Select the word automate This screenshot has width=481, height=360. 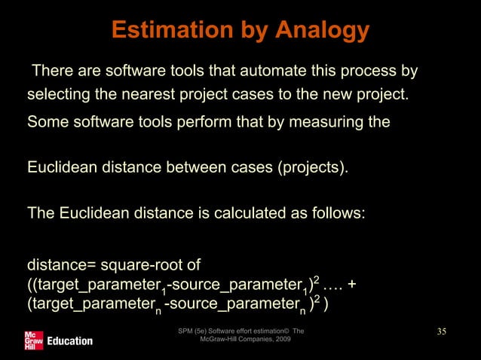coord(245,72)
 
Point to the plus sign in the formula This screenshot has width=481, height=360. coord(351,285)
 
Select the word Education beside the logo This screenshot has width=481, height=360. coord(69,340)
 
